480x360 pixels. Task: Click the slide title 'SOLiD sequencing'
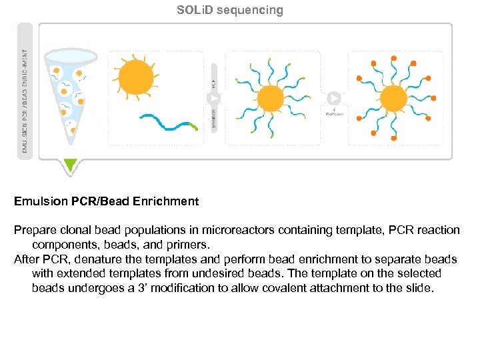pyautogui.click(x=230, y=10)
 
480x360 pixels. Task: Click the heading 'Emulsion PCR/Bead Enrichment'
pyautogui.click(x=107, y=201)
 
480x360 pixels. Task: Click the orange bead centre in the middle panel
pyautogui.click(x=271, y=99)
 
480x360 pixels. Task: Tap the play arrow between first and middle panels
pyautogui.click(x=215, y=99)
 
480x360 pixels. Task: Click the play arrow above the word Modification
pyautogui.click(x=334, y=99)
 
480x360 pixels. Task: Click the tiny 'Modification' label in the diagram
pyautogui.click(x=334, y=114)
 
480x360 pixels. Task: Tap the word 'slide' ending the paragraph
pyautogui.click(x=417, y=288)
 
